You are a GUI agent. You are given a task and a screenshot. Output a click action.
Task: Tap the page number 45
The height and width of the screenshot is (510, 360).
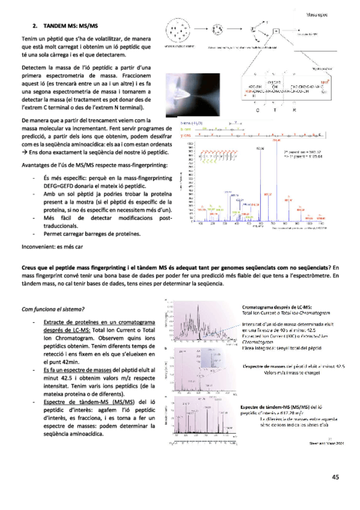coord(335,477)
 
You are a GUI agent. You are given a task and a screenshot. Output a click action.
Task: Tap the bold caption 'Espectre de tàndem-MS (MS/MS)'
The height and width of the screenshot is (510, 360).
coord(285,407)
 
